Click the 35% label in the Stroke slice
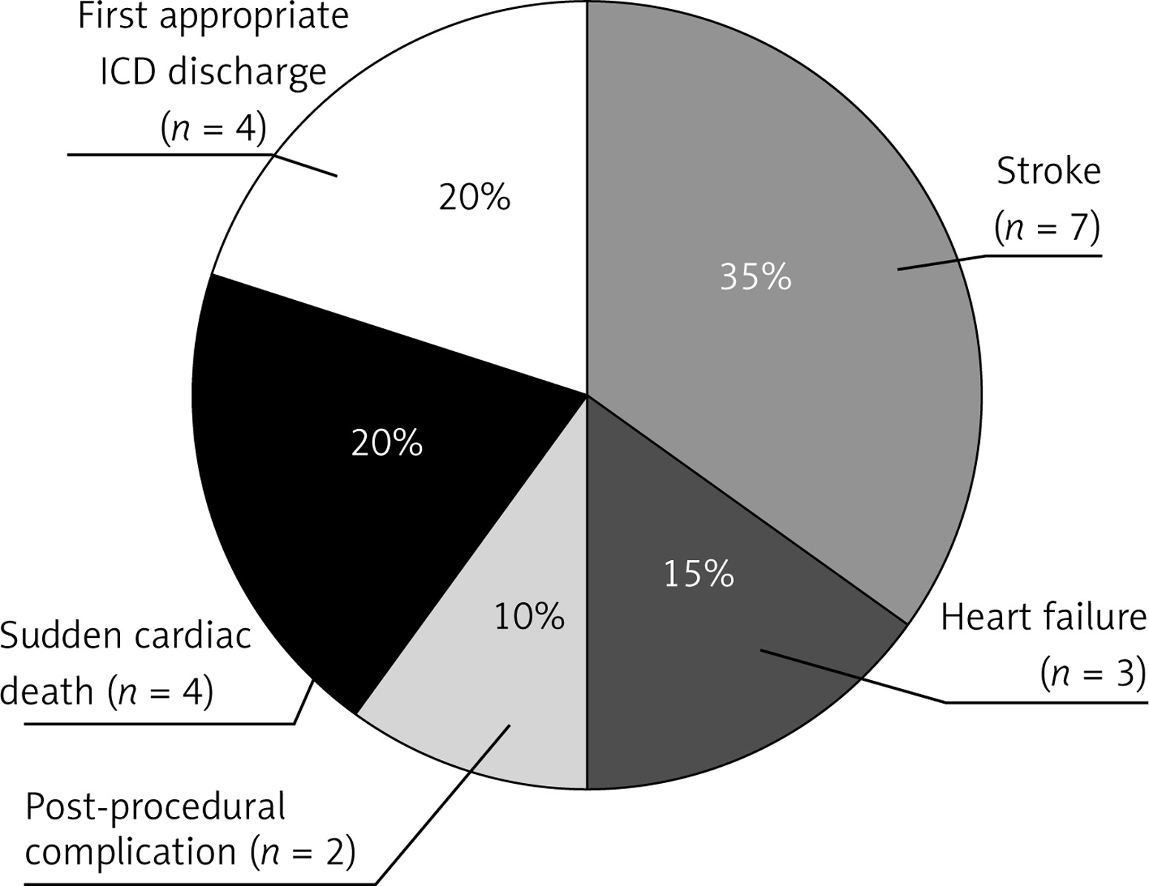(x=755, y=278)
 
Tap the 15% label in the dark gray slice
(x=698, y=574)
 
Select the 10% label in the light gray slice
(x=529, y=616)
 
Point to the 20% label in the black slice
(x=387, y=444)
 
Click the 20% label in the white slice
(x=474, y=198)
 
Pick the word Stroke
(x=1048, y=172)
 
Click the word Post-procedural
(x=156, y=807)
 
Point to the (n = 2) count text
(x=302, y=853)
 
